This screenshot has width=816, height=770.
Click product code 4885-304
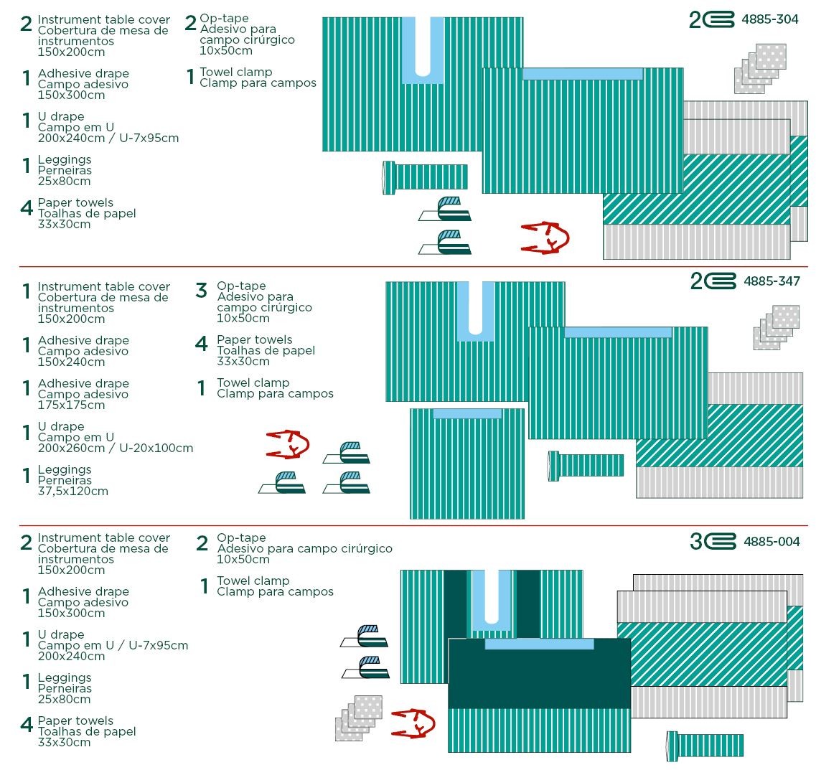(x=769, y=19)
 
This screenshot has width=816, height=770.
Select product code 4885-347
(x=772, y=281)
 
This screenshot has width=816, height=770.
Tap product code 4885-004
(x=772, y=542)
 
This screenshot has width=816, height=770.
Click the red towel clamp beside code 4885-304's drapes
(x=545, y=238)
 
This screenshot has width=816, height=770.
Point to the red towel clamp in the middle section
(x=288, y=444)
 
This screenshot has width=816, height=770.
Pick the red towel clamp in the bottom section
(x=413, y=723)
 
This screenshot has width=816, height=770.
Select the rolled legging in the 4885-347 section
(x=586, y=466)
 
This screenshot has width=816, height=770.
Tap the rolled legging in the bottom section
(x=705, y=746)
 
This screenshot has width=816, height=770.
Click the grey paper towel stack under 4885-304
(x=760, y=69)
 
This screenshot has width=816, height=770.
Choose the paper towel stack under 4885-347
(x=777, y=327)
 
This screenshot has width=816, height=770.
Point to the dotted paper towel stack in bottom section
(x=359, y=718)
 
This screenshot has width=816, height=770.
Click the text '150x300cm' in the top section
(x=71, y=95)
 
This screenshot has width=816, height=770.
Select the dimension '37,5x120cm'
(x=73, y=491)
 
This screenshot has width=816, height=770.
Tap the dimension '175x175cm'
(x=71, y=405)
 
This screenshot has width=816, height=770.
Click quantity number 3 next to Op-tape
(x=202, y=291)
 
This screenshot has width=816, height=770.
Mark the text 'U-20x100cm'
(x=156, y=448)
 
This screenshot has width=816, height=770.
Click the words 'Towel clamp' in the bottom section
(x=253, y=581)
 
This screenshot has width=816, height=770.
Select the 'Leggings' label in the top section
(x=65, y=160)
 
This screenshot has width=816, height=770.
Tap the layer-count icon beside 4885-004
(x=713, y=542)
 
